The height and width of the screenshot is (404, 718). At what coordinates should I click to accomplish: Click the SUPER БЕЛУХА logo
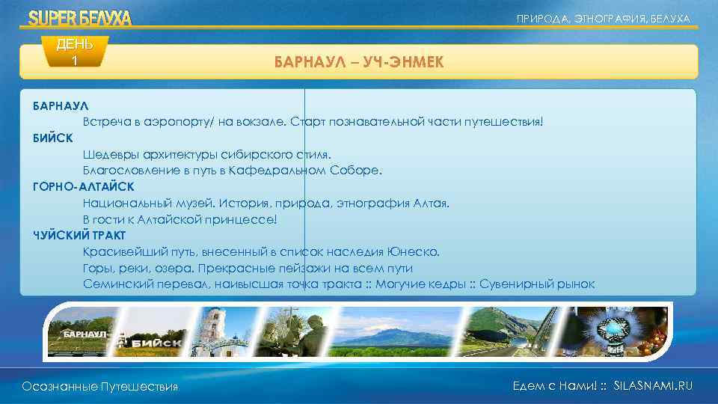[x=79, y=18]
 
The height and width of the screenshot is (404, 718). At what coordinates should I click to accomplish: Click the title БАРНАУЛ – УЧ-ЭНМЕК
[x=358, y=63]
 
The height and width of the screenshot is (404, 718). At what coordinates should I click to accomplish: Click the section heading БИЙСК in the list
[x=52, y=138]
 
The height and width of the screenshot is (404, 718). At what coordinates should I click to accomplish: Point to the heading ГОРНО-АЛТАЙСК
[x=83, y=186]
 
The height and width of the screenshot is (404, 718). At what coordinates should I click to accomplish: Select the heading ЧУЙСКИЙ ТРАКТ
[x=79, y=235]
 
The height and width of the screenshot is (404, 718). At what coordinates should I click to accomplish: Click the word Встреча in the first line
[x=105, y=121]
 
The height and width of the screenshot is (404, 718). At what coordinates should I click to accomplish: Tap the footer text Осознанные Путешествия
[x=100, y=386]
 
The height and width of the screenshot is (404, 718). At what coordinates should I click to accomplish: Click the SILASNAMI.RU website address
[x=652, y=385]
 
